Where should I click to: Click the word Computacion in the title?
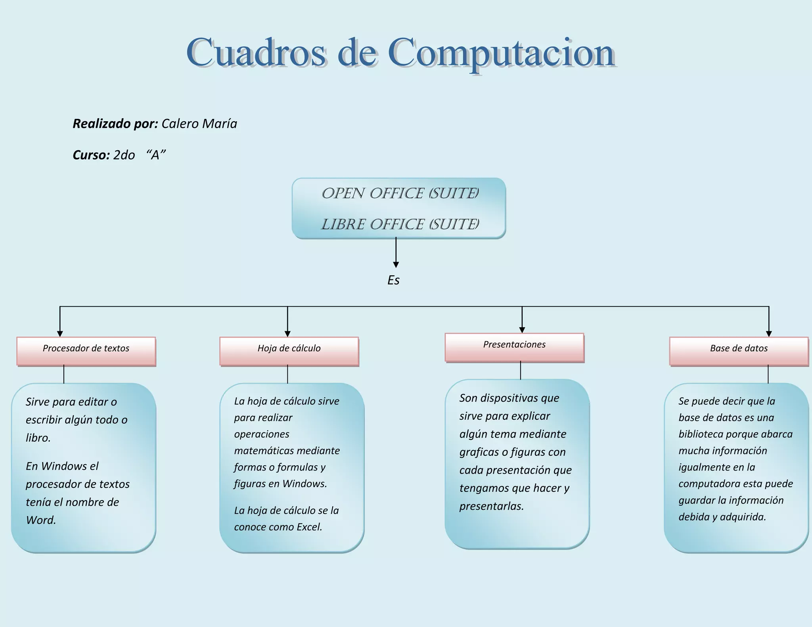[501, 54]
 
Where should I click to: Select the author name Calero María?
[199, 124]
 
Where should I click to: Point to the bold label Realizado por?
[115, 124]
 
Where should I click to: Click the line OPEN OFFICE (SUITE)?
[400, 193]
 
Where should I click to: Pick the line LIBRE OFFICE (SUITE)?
[400, 224]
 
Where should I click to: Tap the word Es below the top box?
[393, 280]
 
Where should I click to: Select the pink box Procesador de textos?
[86, 351]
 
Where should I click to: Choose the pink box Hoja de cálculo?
[289, 351]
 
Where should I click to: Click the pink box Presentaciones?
[514, 347]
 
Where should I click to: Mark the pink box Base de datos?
[739, 351]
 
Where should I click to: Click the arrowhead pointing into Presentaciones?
[522, 330]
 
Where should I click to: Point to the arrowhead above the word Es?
[396, 264]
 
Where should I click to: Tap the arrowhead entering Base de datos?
[769, 334]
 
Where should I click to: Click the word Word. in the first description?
[41, 520]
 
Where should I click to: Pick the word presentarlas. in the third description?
[492, 506]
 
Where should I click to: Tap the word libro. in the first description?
[38, 438]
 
